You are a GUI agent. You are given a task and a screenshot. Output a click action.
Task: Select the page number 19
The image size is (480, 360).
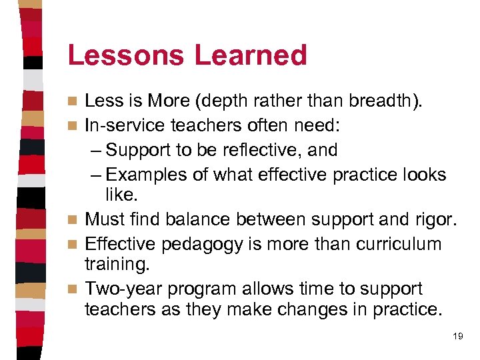tap(457, 337)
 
